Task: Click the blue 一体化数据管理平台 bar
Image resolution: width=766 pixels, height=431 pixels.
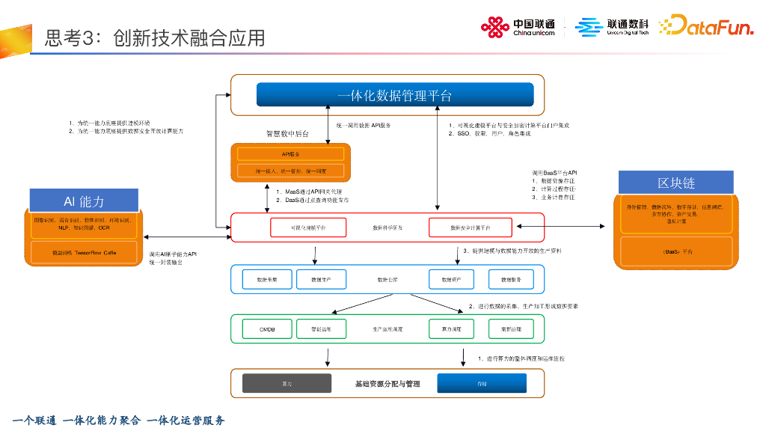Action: (395, 95)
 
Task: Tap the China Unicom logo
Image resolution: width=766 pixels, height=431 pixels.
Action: (518, 28)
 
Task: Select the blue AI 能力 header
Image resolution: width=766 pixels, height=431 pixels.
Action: (84, 201)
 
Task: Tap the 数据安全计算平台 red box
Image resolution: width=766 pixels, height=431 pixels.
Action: (470, 227)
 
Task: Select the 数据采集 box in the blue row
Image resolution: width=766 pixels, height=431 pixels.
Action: (267, 278)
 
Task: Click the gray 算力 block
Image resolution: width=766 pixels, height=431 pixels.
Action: (287, 383)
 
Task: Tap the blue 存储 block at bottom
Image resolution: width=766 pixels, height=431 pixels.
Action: (482, 383)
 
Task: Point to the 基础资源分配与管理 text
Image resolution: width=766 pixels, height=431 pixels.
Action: (387, 383)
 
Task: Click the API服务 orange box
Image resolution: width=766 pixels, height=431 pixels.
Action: (290, 153)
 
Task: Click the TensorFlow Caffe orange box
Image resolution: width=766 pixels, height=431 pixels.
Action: (84, 252)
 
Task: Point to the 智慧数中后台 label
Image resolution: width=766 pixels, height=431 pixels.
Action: (287, 134)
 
